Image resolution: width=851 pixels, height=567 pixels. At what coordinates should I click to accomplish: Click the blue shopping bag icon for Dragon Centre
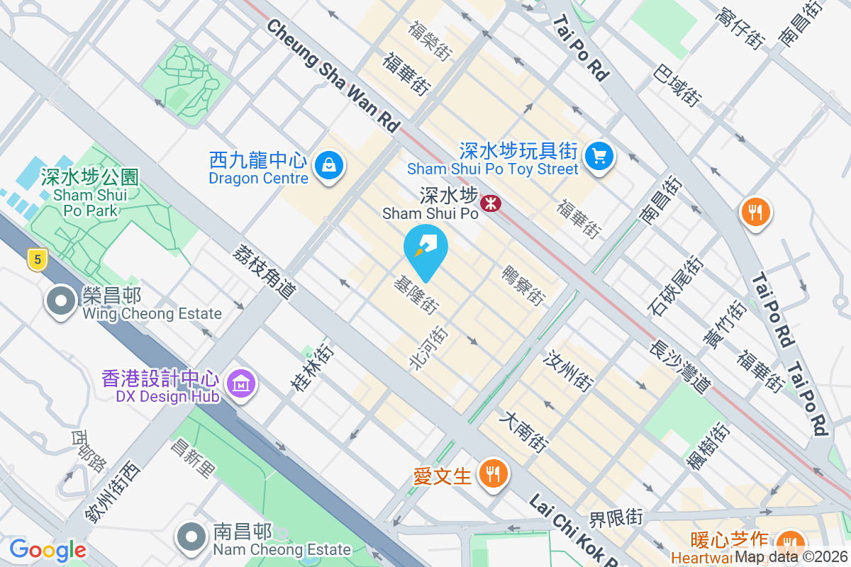(328, 166)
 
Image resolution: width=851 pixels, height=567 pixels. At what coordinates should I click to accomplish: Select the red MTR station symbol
(490, 204)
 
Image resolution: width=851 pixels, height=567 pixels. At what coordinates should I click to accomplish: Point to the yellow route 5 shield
(37, 260)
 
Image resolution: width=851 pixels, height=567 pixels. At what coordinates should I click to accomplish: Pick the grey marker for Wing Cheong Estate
(61, 301)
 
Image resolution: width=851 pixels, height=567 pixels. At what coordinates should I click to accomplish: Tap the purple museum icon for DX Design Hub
(241, 384)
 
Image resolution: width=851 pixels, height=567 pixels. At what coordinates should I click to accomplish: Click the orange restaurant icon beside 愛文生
(491, 473)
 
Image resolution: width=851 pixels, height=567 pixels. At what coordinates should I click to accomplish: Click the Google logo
(48, 550)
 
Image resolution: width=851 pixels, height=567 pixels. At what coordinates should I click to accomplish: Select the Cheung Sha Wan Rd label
(333, 74)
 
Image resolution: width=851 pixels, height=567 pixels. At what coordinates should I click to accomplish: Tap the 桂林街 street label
(311, 369)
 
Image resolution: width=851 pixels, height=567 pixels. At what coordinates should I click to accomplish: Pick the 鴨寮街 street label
(523, 286)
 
